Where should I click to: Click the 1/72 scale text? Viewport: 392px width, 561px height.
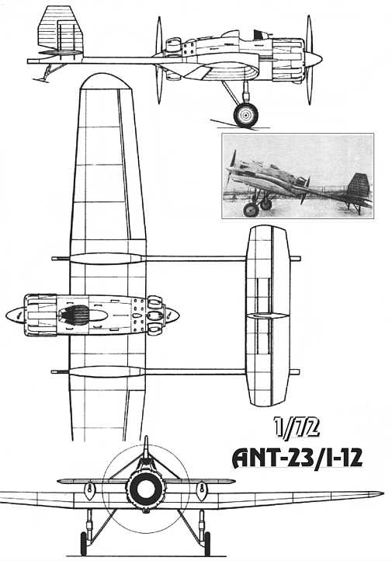(x=297, y=427)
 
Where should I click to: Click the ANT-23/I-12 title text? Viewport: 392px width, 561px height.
(x=297, y=458)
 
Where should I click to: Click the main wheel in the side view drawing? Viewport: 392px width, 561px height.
(x=246, y=115)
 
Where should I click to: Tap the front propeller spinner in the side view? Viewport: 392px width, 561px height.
(x=316, y=59)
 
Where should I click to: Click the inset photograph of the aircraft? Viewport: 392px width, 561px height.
(x=297, y=176)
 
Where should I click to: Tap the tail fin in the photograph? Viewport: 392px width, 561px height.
(x=359, y=186)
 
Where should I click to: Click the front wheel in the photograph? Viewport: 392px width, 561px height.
(x=251, y=210)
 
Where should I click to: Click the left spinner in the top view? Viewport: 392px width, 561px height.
(x=15, y=315)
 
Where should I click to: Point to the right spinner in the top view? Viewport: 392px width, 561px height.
(x=172, y=315)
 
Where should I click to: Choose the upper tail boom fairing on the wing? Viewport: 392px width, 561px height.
(x=106, y=259)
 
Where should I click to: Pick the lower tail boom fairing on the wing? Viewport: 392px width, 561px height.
(x=106, y=371)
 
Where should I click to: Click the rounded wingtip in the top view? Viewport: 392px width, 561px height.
(x=104, y=82)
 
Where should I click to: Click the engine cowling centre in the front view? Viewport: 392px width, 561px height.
(x=145, y=490)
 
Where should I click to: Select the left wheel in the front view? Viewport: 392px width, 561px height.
(x=83, y=543)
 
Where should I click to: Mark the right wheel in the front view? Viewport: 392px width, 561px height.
(x=207, y=543)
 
